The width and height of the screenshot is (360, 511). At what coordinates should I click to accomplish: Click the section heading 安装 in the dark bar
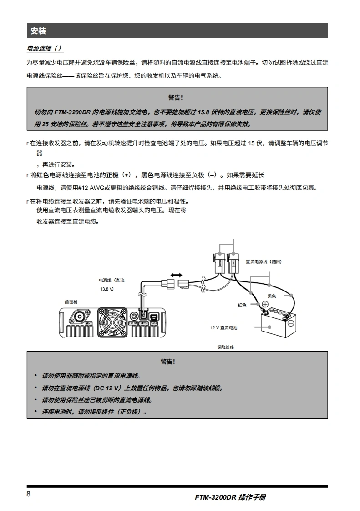pos(38,31)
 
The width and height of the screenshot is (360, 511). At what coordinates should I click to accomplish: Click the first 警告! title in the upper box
pos(176,97)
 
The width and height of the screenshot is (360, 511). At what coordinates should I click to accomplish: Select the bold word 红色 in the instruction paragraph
pos(43,175)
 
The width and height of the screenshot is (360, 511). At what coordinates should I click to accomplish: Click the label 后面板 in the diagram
pos(71,302)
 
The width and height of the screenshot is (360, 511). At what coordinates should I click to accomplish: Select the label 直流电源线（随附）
pos(264,261)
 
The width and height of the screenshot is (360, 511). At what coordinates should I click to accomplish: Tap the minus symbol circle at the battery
pos(291,323)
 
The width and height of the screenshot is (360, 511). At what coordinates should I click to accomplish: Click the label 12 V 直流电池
pos(223,327)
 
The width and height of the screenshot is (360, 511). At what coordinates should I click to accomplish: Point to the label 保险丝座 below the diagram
pos(226,347)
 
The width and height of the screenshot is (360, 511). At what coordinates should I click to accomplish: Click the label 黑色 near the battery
pos(272,296)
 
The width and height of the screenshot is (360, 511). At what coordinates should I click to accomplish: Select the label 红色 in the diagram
pos(242,305)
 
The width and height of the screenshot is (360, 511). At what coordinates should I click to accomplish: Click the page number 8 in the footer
pos(29,495)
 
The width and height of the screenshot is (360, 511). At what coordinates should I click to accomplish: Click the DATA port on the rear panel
pos(154,317)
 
